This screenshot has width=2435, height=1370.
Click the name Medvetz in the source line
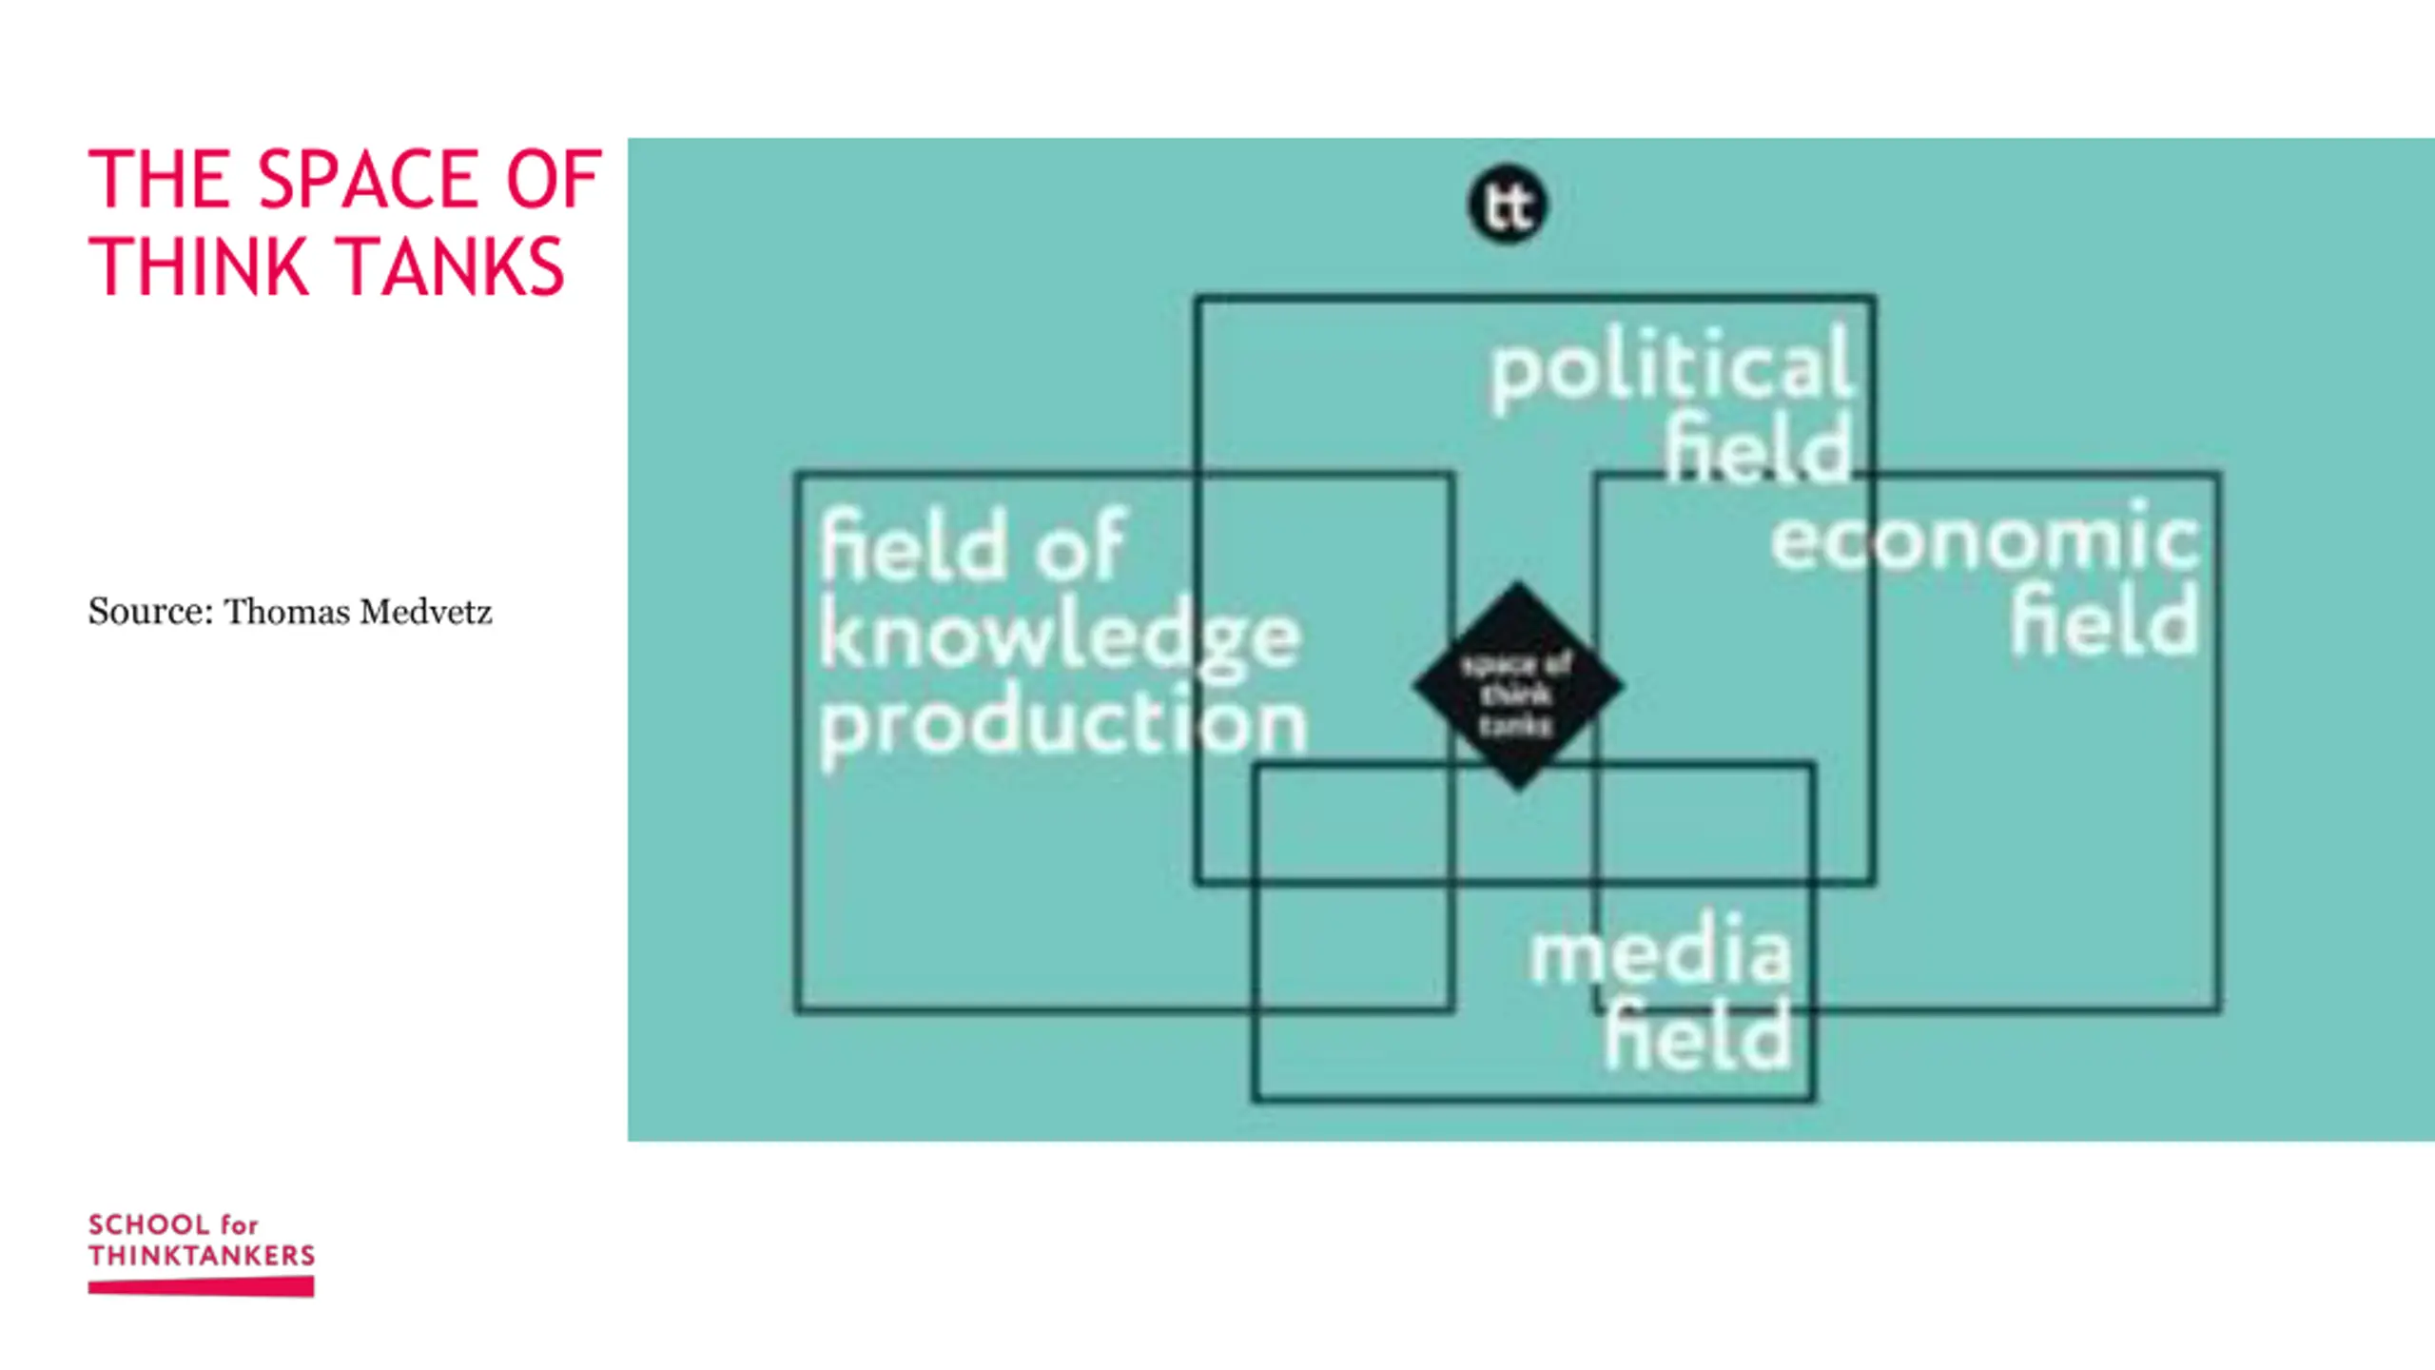425,612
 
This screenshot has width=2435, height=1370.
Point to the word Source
150,612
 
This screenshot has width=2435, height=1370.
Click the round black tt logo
1508,205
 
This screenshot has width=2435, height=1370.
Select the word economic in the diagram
1985,538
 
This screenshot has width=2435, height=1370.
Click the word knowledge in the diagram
1059,636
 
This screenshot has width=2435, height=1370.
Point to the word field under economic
2105,622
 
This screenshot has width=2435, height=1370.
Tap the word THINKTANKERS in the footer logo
202,1256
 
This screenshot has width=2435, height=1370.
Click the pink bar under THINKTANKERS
202,1287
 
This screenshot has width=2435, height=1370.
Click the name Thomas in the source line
286,612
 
